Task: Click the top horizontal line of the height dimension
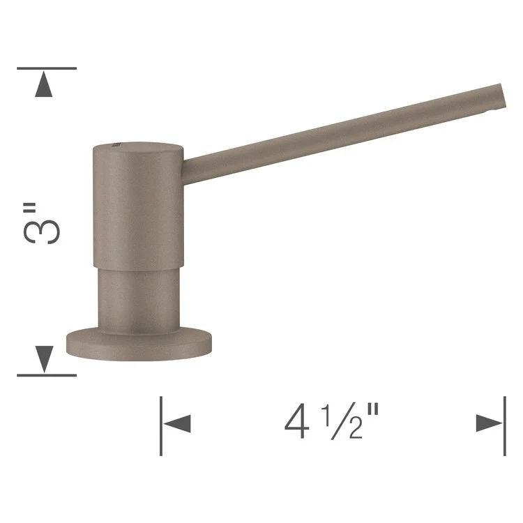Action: (46, 68)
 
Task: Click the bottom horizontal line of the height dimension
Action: (46, 375)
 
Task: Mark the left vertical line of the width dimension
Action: (161, 425)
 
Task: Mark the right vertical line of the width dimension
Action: (504, 425)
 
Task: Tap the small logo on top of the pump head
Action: (114, 144)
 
